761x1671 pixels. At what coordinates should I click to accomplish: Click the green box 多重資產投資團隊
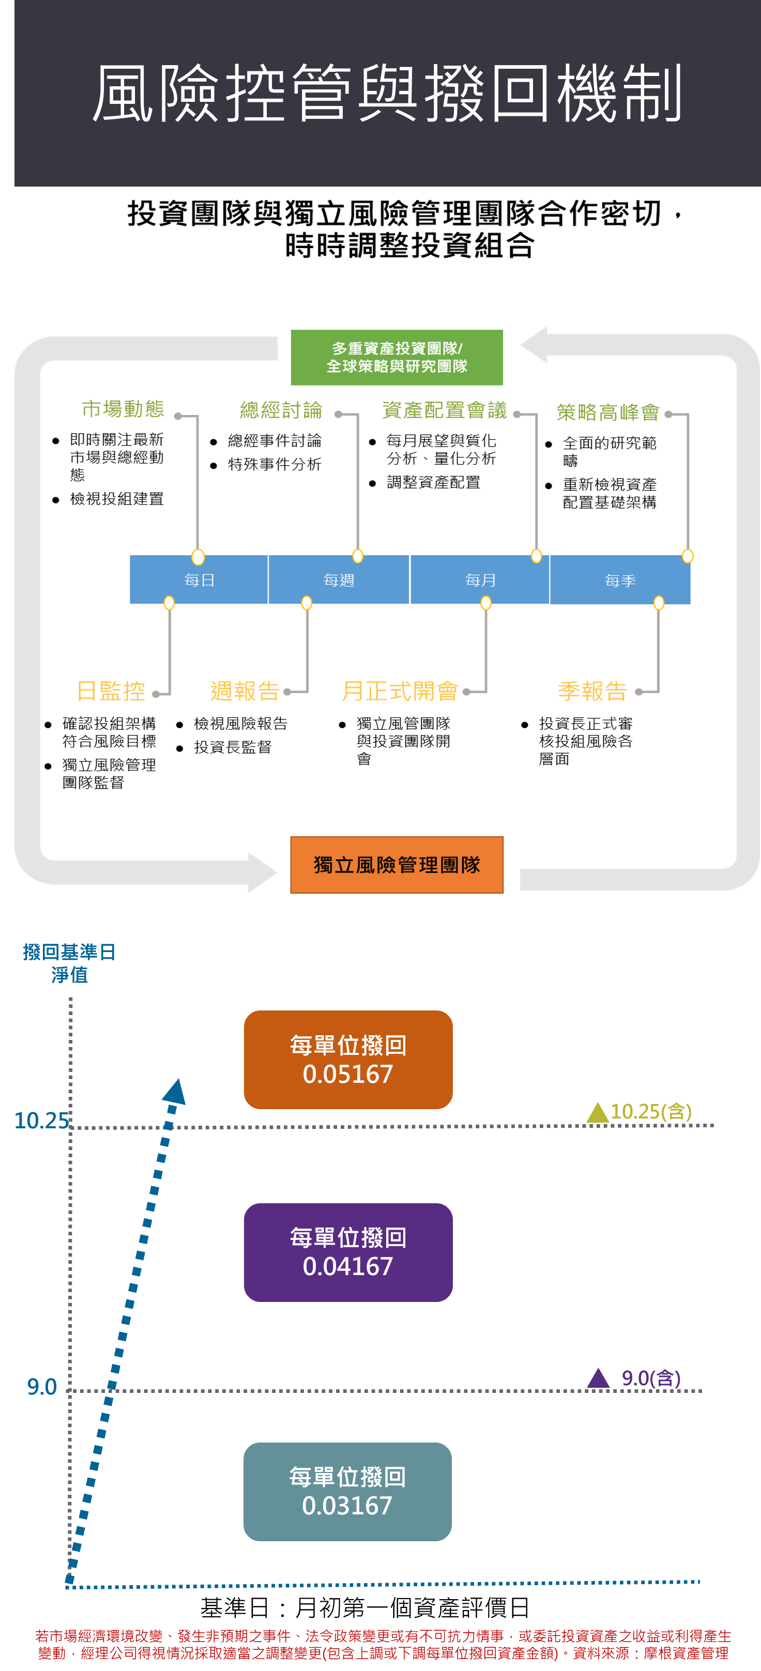[x=397, y=358]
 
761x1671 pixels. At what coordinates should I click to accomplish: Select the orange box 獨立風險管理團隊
[x=397, y=865]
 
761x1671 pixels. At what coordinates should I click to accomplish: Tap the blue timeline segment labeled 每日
[x=199, y=580]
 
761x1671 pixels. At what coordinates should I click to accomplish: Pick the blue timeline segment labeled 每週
[x=339, y=580]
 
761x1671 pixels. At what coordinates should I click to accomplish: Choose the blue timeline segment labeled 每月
[x=480, y=580]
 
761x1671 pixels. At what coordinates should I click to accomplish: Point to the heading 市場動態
[x=123, y=409]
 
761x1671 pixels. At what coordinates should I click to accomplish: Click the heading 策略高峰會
[x=608, y=412]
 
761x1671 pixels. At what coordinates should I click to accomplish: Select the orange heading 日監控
[x=111, y=691]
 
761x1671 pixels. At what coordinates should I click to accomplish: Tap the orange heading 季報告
[x=592, y=691]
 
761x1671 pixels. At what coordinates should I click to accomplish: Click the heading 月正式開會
[x=400, y=691]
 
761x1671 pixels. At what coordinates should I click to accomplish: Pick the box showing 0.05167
[x=348, y=1059]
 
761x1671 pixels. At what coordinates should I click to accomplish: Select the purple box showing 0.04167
[x=348, y=1252]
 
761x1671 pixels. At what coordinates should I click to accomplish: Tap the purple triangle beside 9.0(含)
[x=598, y=1378]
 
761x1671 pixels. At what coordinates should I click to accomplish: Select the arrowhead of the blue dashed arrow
[x=175, y=1092]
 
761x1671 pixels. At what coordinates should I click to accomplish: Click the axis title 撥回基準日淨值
[x=69, y=963]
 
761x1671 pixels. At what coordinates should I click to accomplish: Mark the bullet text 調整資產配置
[x=433, y=482]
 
